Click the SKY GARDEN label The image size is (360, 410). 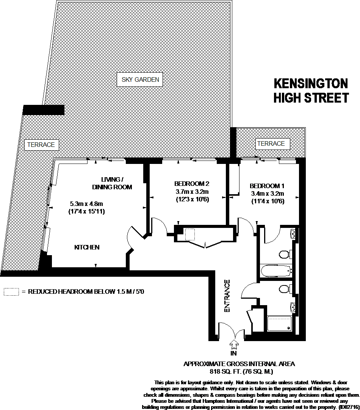[x=140, y=80]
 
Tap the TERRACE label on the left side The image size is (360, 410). [x=41, y=145]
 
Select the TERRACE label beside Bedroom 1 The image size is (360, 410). [x=271, y=143]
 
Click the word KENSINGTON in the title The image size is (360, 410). [x=310, y=83]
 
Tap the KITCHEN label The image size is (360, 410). [x=87, y=247]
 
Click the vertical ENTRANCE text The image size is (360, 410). [x=227, y=296]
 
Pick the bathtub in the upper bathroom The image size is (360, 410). [x=276, y=270]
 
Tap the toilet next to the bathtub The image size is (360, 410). [x=284, y=254]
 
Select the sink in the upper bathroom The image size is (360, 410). [x=293, y=234]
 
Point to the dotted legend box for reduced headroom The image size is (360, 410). [x=11, y=292]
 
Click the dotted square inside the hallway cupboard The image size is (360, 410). [x=189, y=234]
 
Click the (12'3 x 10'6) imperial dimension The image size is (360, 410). [x=193, y=199]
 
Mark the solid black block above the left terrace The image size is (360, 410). [x=43, y=109]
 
